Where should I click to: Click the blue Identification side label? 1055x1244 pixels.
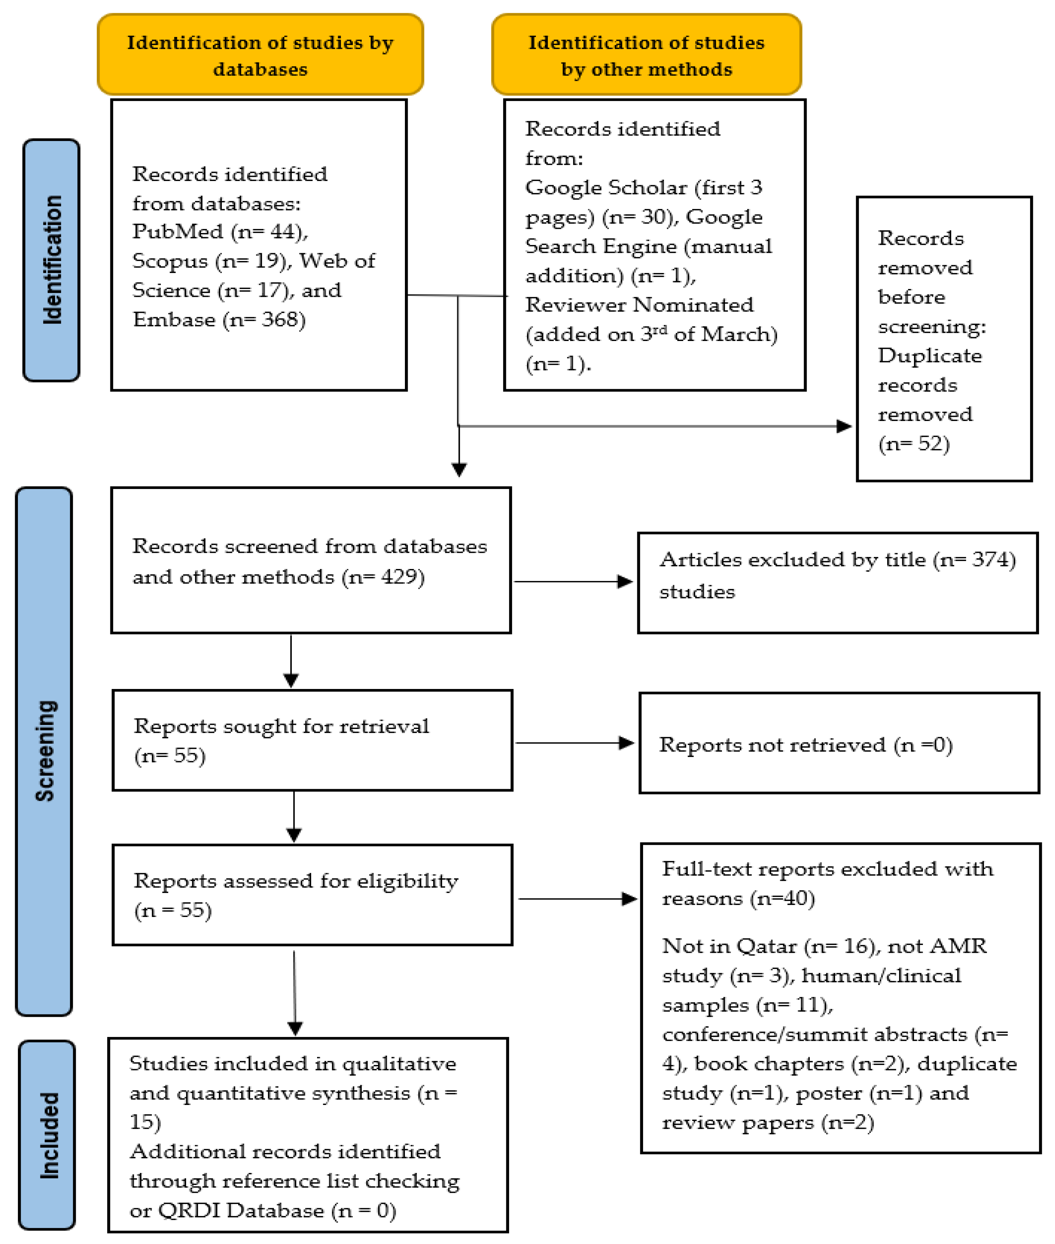51,260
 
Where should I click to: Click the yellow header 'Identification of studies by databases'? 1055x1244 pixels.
260,55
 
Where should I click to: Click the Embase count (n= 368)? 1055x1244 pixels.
264,320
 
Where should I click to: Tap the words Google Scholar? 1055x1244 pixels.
606,188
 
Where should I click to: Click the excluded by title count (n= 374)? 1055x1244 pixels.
974,560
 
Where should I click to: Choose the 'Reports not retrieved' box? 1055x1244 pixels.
839,743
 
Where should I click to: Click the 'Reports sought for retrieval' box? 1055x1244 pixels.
312,740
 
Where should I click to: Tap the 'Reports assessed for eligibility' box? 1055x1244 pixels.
312,895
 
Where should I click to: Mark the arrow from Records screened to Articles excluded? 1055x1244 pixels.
573,581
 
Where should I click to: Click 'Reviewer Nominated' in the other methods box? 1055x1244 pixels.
639,305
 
